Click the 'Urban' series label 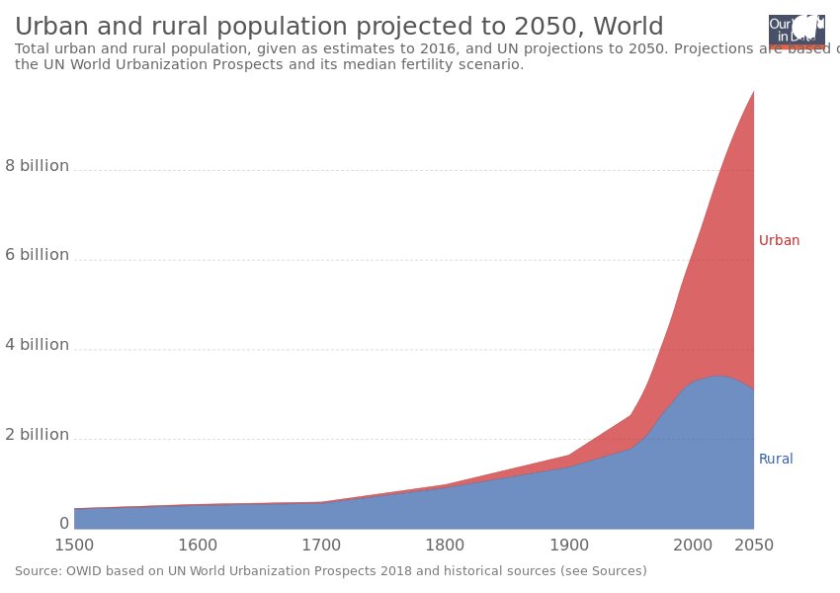pos(779,240)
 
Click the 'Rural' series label pos(776,459)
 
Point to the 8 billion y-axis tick pos(37,166)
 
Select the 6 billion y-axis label pos(37,255)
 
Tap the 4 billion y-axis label pos(37,345)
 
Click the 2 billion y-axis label pos(37,435)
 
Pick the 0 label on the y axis pos(64,524)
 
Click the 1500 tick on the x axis pos(74,546)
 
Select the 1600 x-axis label pos(198,546)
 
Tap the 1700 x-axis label pos(321,546)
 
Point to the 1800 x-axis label pos(445,546)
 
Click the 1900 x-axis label pos(568,546)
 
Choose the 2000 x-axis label pos(692,546)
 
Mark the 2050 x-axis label pos(754,546)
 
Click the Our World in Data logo pos(797,31)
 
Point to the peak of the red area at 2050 pos(753,92)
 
